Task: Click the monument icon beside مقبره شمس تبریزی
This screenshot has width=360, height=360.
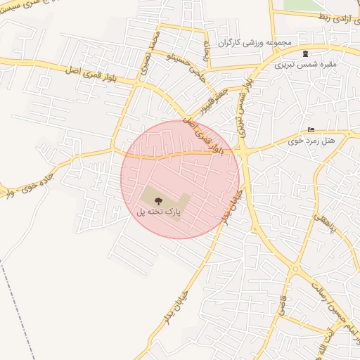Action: tap(304, 53)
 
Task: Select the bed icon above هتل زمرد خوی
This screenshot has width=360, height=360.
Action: tap(311, 129)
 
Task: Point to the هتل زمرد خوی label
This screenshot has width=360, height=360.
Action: tap(311, 141)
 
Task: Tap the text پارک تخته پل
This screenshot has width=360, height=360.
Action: tap(158, 211)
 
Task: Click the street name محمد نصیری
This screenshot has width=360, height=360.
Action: tap(157, 49)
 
